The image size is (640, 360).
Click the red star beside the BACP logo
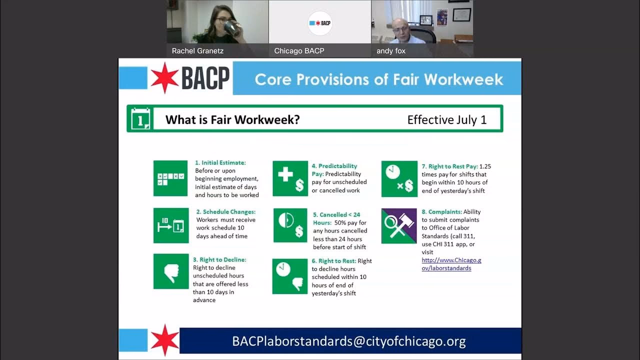[164, 78]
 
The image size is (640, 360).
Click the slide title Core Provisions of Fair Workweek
[378, 79]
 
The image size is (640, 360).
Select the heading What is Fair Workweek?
[232, 119]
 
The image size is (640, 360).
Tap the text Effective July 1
[446, 119]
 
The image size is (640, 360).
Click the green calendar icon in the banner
[140, 118]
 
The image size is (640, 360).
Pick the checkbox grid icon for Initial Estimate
[170, 178]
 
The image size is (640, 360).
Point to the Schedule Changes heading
[225, 212]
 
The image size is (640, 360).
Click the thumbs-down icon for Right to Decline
[171, 271]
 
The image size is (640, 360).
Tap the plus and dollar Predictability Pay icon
[290, 178]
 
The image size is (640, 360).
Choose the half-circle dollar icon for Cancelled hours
[290, 225]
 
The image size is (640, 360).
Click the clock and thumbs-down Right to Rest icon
[290, 276]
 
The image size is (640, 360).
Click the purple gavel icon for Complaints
[399, 226]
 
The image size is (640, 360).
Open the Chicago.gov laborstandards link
[451, 264]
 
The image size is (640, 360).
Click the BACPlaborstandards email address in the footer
[348, 341]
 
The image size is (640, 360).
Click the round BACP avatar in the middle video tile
[320, 23]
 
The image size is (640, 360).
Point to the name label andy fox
[391, 50]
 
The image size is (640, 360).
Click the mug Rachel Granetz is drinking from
[230, 26]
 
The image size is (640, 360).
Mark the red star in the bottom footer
[164, 340]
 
